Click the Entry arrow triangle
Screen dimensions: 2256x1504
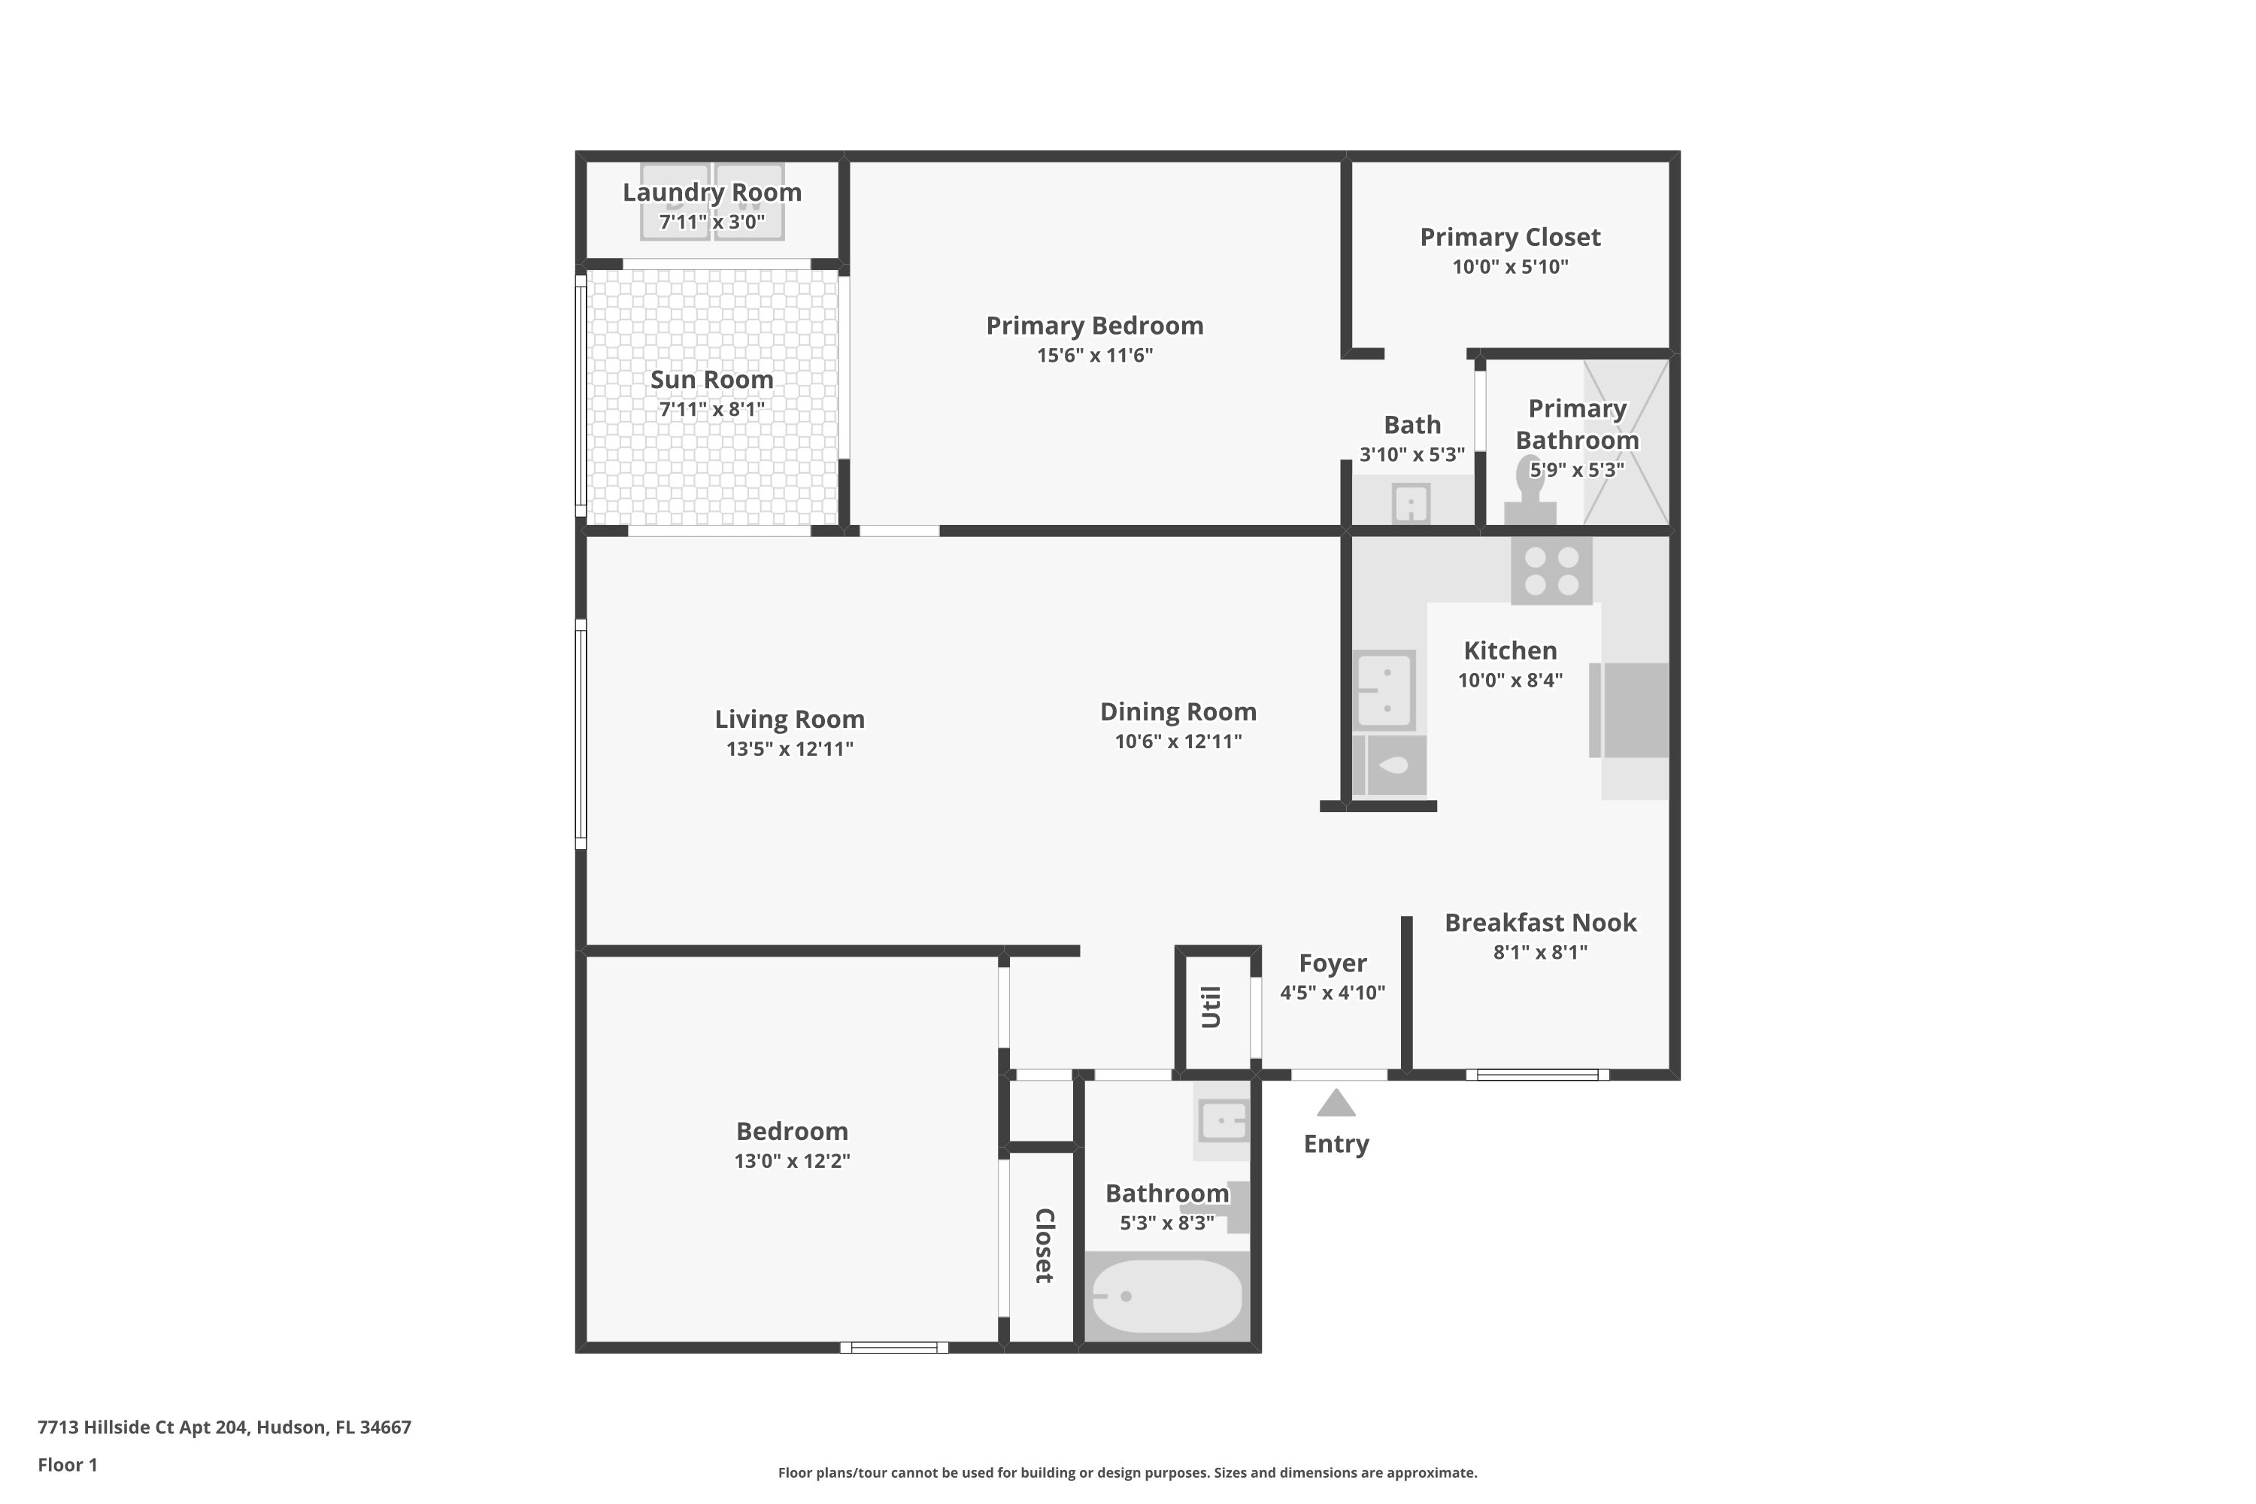click(x=1336, y=1103)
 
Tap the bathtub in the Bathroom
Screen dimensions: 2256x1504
click(x=1166, y=1296)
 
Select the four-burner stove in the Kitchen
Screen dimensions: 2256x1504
click(x=1551, y=571)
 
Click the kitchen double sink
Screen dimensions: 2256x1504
click(x=1384, y=690)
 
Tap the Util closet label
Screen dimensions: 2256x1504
click(x=1211, y=1007)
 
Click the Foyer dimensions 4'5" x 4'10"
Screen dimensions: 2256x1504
click(x=1333, y=993)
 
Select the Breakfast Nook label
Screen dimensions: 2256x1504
click(x=1540, y=923)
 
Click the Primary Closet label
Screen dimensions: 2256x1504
click(x=1510, y=238)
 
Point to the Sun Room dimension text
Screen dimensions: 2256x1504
click(x=711, y=410)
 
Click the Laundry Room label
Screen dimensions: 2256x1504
click(x=711, y=193)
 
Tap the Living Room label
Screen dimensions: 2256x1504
click(x=790, y=720)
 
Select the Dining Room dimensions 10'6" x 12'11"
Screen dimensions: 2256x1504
click(x=1178, y=741)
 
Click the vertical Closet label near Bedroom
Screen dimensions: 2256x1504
click(x=1044, y=1245)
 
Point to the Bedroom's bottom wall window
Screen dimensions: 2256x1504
click(x=894, y=1348)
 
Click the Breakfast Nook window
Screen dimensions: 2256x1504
click(x=1538, y=1075)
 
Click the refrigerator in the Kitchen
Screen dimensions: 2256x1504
click(x=1629, y=710)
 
